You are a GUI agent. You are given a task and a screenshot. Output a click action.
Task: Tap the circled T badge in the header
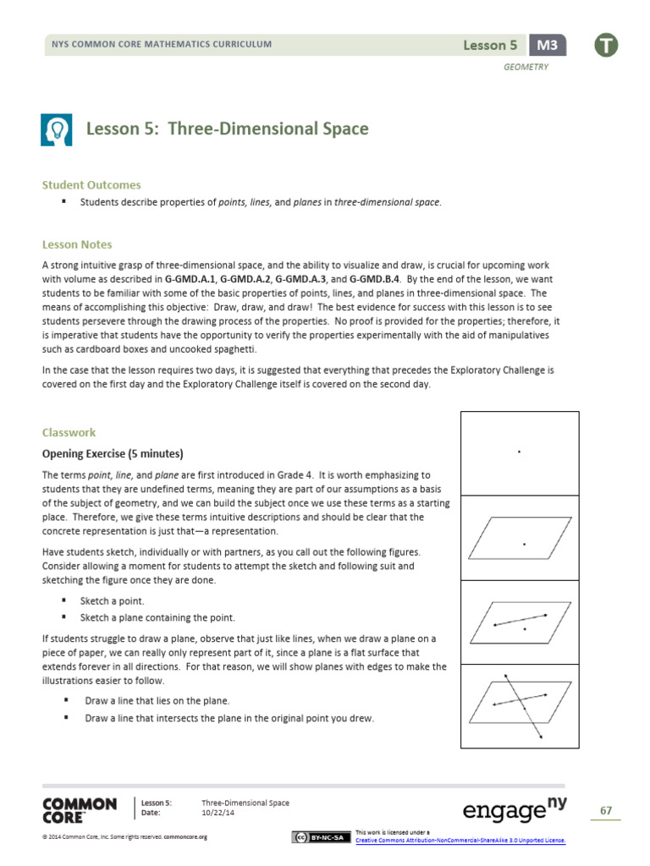point(605,45)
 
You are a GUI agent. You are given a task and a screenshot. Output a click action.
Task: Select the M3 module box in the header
point(548,45)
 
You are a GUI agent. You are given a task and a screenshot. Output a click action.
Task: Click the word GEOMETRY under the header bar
point(526,67)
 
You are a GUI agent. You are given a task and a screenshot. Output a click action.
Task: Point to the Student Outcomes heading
point(91,184)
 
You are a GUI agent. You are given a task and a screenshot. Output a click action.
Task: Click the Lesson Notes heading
point(77,244)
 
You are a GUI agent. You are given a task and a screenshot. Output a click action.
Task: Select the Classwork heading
point(69,432)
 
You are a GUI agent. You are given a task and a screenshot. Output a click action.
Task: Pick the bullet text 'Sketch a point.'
point(112,600)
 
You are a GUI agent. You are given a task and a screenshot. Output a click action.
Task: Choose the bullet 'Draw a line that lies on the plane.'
point(157,701)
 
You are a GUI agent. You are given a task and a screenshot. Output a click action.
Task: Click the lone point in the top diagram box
point(519,452)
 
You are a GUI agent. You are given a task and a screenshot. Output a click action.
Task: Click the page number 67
point(605,811)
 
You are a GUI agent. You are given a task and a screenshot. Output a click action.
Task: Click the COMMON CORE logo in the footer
point(80,809)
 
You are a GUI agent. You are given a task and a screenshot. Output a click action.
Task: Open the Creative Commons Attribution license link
point(460,841)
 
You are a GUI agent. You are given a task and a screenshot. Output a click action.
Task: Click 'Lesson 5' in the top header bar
point(490,45)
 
